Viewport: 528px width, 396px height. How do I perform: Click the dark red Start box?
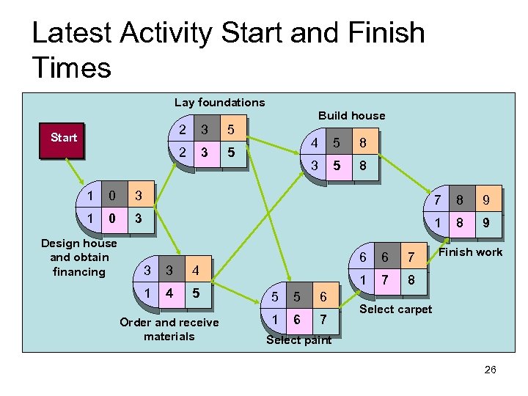pos(63,138)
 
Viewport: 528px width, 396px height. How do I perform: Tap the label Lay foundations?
pos(219,102)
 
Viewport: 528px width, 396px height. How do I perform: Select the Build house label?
pos(351,115)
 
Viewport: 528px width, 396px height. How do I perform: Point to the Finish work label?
pos(470,252)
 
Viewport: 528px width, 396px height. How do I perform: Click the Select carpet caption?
pos(395,309)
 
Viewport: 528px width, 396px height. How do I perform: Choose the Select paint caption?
pos(298,340)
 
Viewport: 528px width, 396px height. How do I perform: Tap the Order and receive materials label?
pos(169,329)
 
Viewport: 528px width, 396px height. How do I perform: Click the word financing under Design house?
pos(78,271)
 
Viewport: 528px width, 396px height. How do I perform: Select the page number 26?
pos(491,370)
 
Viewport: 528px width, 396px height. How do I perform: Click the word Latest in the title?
pos(70,33)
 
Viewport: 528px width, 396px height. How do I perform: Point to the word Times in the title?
pos(71,67)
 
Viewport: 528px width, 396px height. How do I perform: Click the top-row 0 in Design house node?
pos(111,196)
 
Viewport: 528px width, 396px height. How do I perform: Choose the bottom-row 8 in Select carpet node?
pos(411,279)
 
